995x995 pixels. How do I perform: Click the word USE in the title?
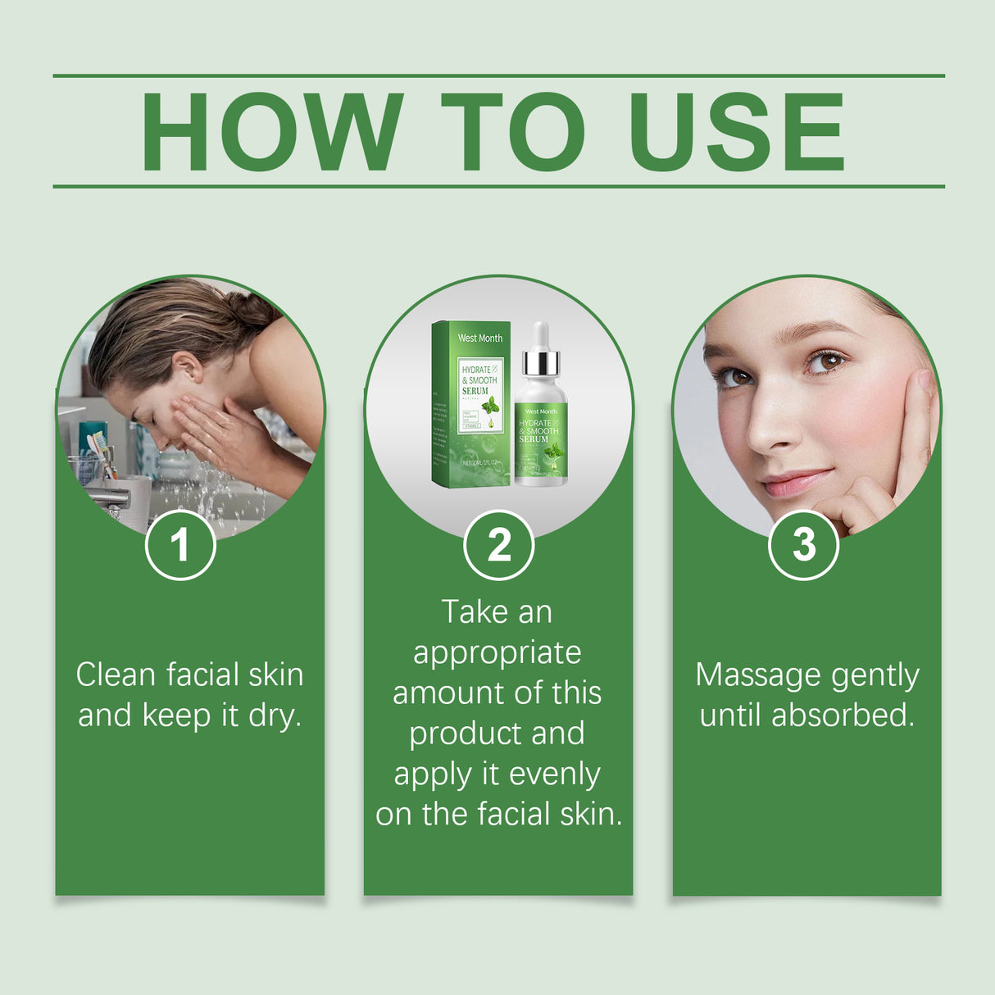(x=736, y=132)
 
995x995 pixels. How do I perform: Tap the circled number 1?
(x=180, y=545)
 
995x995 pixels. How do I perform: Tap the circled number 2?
(x=498, y=545)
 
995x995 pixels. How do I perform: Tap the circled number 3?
(x=804, y=545)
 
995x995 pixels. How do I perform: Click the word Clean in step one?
(x=116, y=675)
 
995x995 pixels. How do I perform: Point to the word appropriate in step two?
(x=497, y=653)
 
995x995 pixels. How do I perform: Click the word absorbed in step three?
(x=843, y=715)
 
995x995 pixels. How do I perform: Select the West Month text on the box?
(x=480, y=338)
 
